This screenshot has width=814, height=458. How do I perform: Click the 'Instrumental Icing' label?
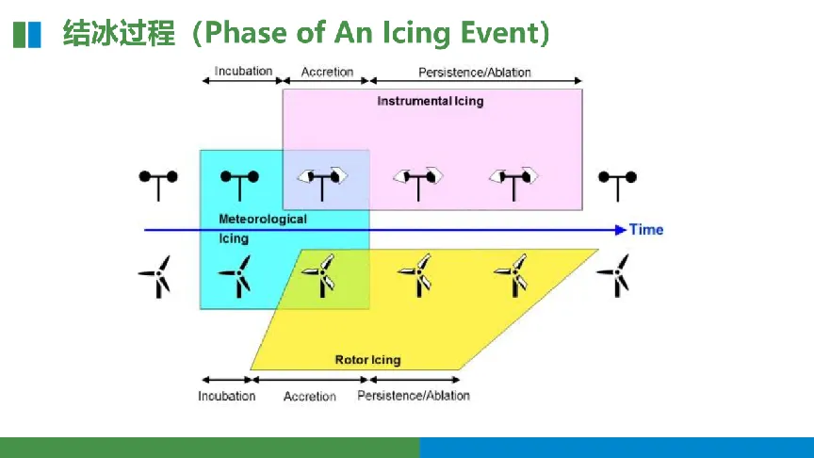pyautogui.click(x=430, y=101)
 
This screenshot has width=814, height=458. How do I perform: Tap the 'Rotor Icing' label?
pyautogui.click(x=367, y=360)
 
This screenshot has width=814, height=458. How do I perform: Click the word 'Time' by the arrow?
pyautogui.click(x=646, y=230)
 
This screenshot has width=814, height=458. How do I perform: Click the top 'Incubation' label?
pyautogui.click(x=243, y=71)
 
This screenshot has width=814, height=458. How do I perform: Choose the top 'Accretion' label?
pyautogui.click(x=327, y=72)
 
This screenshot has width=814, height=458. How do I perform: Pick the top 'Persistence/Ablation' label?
pyautogui.click(x=475, y=72)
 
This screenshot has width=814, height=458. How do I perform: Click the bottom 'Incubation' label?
pyautogui.click(x=226, y=396)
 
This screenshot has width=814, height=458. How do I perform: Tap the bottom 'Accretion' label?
pyautogui.click(x=310, y=397)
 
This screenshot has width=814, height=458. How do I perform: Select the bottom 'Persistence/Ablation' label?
pyautogui.click(x=414, y=396)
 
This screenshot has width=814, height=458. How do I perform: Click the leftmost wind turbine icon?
pyautogui.click(x=156, y=275)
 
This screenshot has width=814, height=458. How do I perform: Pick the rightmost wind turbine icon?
pyautogui.click(x=617, y=273)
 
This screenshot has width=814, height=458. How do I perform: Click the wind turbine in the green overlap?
pyautogui.click(x=321, y=275)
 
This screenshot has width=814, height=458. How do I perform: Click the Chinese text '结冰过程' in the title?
pyautogui.click(x=120, y=34)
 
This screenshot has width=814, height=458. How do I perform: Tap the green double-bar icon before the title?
pyautogui.click(x=27, y=35)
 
